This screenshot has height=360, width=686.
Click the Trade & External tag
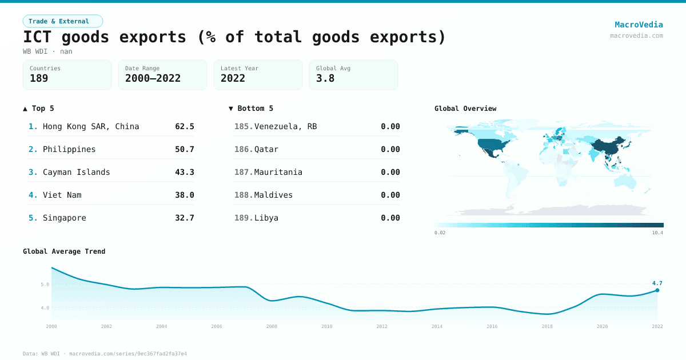click(x=63, y=21)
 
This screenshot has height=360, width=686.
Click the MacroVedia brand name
click(x=639, y=25)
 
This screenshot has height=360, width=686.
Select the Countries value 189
click(x=39, y=78)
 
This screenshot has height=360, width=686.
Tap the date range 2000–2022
click(x=153, y=78)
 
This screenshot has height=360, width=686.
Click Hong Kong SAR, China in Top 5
click(x=91, y=126)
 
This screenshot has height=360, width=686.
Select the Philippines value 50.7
click(x=185, y=149)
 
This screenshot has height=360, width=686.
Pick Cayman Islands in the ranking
click(x=77, y=172)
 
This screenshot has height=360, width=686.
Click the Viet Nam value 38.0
click(x=185, y=195)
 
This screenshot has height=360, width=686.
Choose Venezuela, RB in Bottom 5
click(x=285, y=126)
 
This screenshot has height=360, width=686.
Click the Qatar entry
click(x=266, y=149)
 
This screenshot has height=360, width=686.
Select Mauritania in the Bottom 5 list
click(x=278, y=172)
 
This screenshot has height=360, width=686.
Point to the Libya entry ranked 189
click(x=266, y=218)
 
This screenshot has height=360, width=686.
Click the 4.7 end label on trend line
click(x=657, y=283)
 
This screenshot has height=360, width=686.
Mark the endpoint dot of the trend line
click(x=657, y=290)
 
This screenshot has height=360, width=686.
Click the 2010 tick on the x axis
click(x=326, y=326)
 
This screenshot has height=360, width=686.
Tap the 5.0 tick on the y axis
click(x=45, y=284)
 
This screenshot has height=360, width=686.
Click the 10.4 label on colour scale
click(x=657, y=233)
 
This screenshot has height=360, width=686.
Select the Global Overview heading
click(x=465, y=109)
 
